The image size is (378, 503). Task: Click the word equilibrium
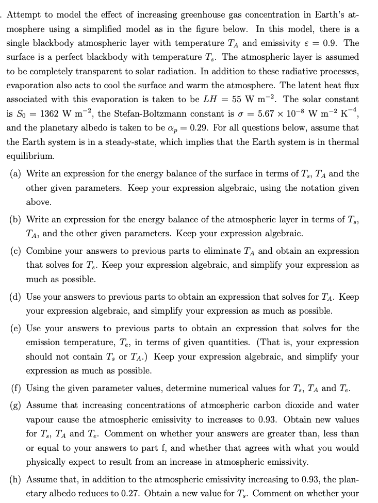[x=29, y=155]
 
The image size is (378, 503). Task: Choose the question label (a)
[x=15, y=174]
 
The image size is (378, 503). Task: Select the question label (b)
[x=15, y=219]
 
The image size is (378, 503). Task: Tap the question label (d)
[x=15, y=297]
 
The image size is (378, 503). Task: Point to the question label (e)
[x=15, y=329]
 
